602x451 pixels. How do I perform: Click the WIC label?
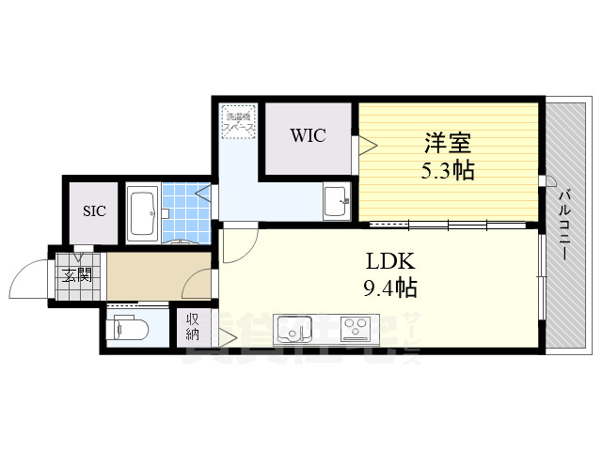coord(308,135)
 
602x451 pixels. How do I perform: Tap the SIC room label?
coord(93,210)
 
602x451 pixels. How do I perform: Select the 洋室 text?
coord(447,145)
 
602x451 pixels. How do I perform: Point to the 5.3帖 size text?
coord(447,171)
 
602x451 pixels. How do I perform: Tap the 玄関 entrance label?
coord(77,274)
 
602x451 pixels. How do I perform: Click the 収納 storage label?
coord(192,326)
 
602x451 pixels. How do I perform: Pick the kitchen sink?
coord(293,330)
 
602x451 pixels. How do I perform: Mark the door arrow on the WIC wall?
coord(367,145)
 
